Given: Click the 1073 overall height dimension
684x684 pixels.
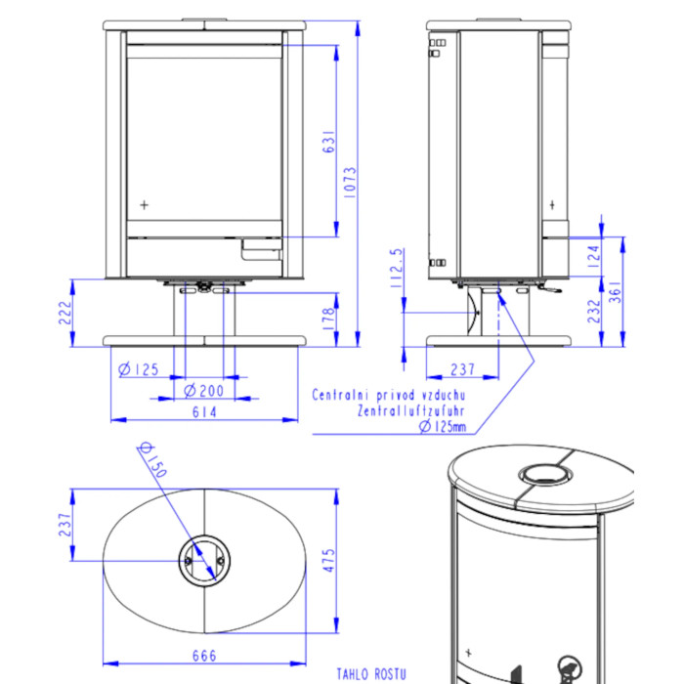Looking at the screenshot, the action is [x=350, y=183].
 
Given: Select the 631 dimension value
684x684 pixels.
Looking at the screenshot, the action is [x=329, y=141].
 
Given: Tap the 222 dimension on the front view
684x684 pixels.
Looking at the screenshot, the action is [x=65, y=313].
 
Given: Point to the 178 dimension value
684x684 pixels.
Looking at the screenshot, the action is [x=328, y=318].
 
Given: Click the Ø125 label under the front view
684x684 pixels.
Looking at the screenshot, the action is [x=139, y=369].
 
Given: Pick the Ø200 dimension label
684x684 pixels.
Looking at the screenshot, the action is [x=203, y=391].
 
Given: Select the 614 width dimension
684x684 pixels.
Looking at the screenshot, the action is [x=204, y=411].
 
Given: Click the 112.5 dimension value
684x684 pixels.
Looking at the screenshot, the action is [x=397, y=268].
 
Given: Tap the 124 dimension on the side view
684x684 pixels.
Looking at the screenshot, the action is [x=594, y=257].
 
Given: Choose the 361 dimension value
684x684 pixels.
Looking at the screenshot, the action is [x=615, y=291].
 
